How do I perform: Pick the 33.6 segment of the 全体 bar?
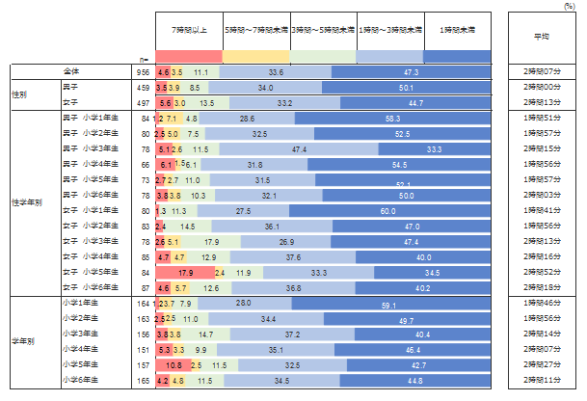click(276, 72)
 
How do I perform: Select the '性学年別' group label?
click(26, 201)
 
